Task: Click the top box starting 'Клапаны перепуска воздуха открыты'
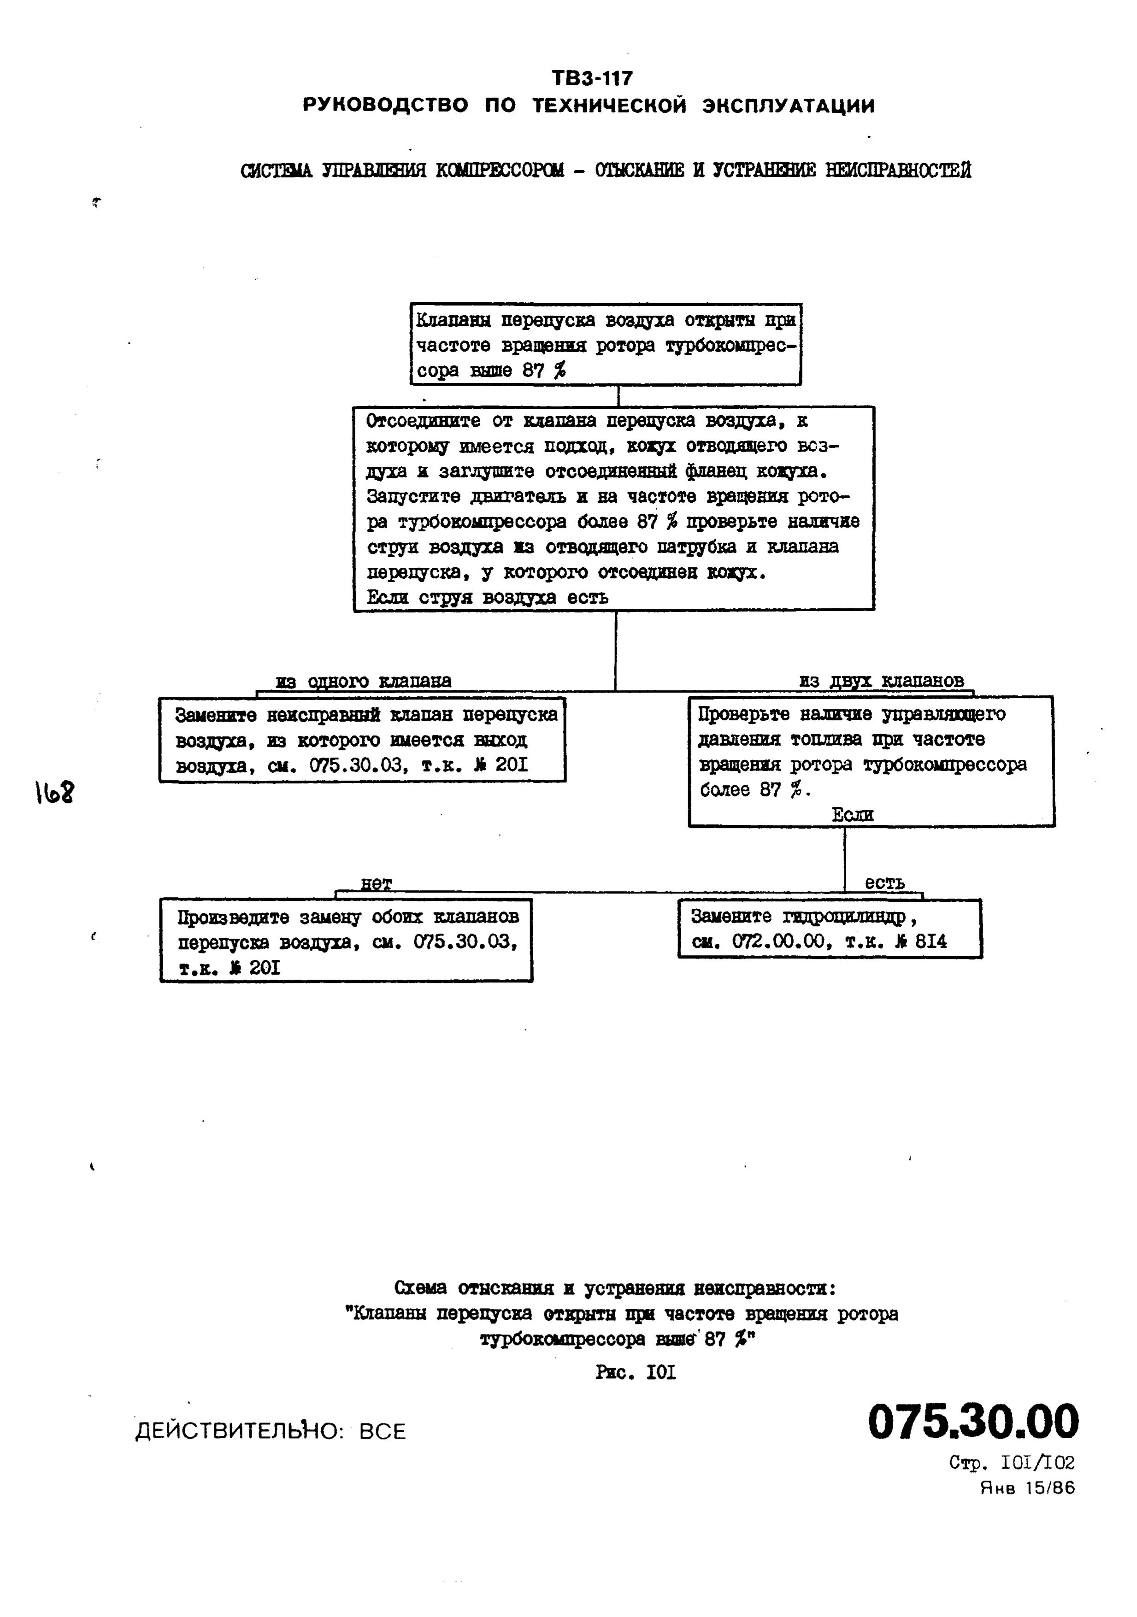605,344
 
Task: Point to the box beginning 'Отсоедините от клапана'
613,508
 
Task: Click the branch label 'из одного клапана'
363,681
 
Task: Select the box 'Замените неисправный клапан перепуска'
362,740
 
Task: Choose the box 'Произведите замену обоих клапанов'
346,940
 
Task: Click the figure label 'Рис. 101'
636,1372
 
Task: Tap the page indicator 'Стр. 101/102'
1012,1463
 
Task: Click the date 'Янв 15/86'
1028,1488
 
